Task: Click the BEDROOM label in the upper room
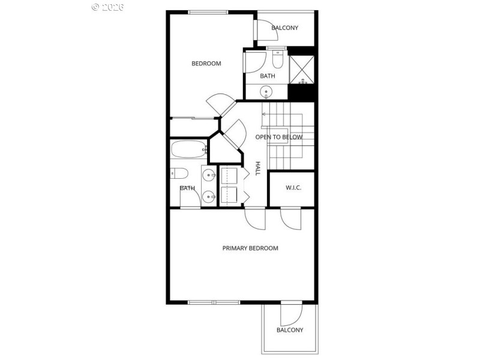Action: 206,64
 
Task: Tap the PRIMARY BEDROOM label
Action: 250,248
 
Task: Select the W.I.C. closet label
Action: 293,188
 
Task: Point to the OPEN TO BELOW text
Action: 279,137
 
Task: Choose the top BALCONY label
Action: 284,28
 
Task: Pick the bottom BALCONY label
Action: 290,330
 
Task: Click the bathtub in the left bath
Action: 188,148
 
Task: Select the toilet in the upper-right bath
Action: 278,59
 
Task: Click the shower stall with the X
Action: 302,69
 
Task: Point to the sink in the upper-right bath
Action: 266,92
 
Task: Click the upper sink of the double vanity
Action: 208,175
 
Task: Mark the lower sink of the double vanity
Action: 208,196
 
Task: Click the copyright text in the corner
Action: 108,7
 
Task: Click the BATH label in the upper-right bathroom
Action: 268,76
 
